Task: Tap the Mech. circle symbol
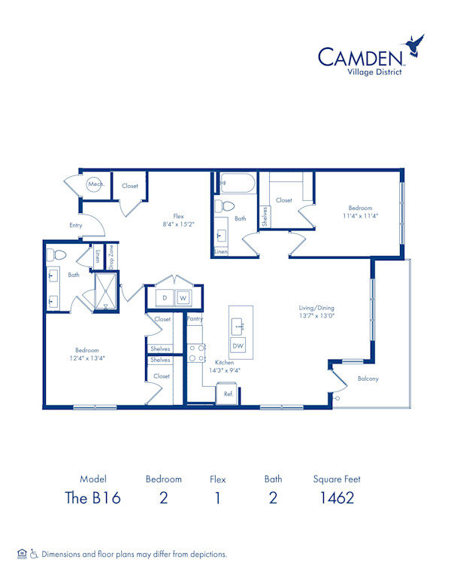click(94, 184)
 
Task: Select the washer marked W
click(183, 298)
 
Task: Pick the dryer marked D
click(165, 298)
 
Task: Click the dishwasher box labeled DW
click(238, 345)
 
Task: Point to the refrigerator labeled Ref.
click(227, 393)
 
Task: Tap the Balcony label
click(368, 379)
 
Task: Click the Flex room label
click(178, 216)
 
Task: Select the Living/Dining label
click(316, 308)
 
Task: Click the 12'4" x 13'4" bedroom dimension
click(87, 358)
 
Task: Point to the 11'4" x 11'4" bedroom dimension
click(360, 216)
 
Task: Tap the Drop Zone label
click(111, 257)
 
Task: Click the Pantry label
click(195, 319)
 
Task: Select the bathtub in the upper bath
click(237, 183)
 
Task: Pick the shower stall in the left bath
click(106, 291)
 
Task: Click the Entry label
click(75, 225)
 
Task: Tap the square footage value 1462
click(337, 498)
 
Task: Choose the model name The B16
click(92, 498)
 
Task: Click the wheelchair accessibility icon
click(34, 554)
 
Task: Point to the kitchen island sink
click(238, 327)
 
